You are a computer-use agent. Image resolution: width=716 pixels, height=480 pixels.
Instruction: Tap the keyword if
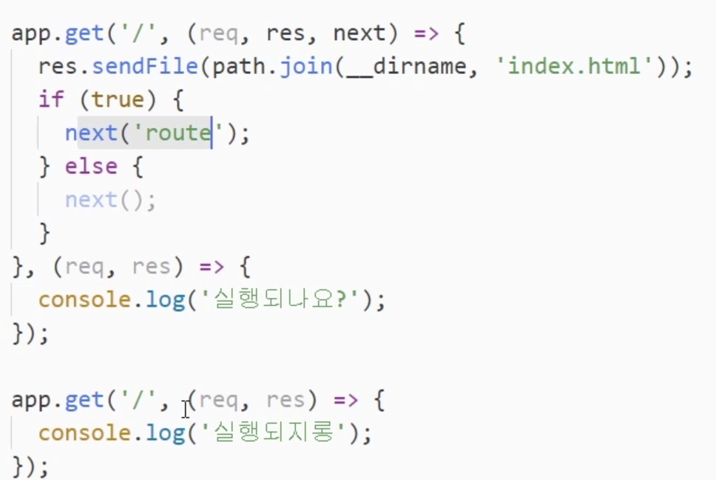point(52,99)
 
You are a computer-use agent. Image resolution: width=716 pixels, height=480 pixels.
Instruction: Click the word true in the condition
point(118,99)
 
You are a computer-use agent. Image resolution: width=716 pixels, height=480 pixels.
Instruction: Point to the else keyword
point(90,166)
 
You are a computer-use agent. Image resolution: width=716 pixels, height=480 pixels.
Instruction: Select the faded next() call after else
point(110,200)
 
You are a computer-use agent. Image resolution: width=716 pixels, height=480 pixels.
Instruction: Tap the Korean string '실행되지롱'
point(270,433)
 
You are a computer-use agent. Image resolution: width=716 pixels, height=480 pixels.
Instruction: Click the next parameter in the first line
point(359,33)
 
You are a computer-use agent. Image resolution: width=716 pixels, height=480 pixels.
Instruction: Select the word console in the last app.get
point(85,433)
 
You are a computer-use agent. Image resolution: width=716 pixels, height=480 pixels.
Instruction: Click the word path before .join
point(237,67)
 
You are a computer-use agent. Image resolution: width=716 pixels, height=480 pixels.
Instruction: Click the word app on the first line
point(31,33)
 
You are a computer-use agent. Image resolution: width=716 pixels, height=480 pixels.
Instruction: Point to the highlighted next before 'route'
point(91,133)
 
